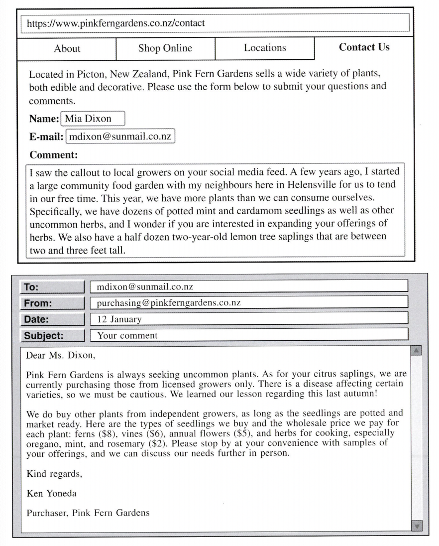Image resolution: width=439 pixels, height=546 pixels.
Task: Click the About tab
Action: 67,49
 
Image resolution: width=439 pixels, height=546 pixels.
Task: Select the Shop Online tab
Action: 165,48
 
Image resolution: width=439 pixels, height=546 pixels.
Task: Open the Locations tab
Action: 265,48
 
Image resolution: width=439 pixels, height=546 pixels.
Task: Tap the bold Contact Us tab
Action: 364,47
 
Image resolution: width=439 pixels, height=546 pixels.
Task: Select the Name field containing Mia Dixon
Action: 93,119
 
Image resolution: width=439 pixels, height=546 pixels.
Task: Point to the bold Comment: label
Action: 53,155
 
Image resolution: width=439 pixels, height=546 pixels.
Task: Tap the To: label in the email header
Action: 52,287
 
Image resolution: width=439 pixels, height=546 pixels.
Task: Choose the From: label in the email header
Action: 52,302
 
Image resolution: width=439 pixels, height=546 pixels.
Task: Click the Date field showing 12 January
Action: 249,319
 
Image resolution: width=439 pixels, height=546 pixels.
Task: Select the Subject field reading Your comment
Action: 249,335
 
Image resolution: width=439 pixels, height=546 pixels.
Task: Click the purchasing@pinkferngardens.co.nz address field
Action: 249,302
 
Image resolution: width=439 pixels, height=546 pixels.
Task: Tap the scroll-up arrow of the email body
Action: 417,352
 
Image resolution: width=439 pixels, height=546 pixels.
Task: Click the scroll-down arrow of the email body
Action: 417,526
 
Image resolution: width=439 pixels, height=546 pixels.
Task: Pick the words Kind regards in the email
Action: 54,474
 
